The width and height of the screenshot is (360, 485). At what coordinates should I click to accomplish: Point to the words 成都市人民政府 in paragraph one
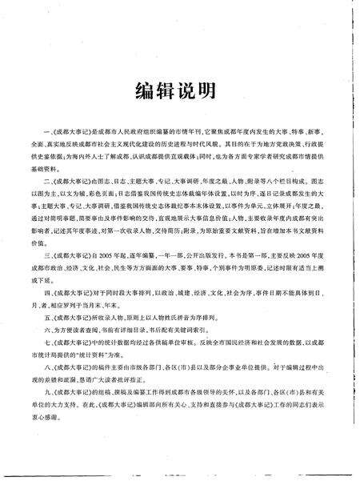click(x=119, y=128)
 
